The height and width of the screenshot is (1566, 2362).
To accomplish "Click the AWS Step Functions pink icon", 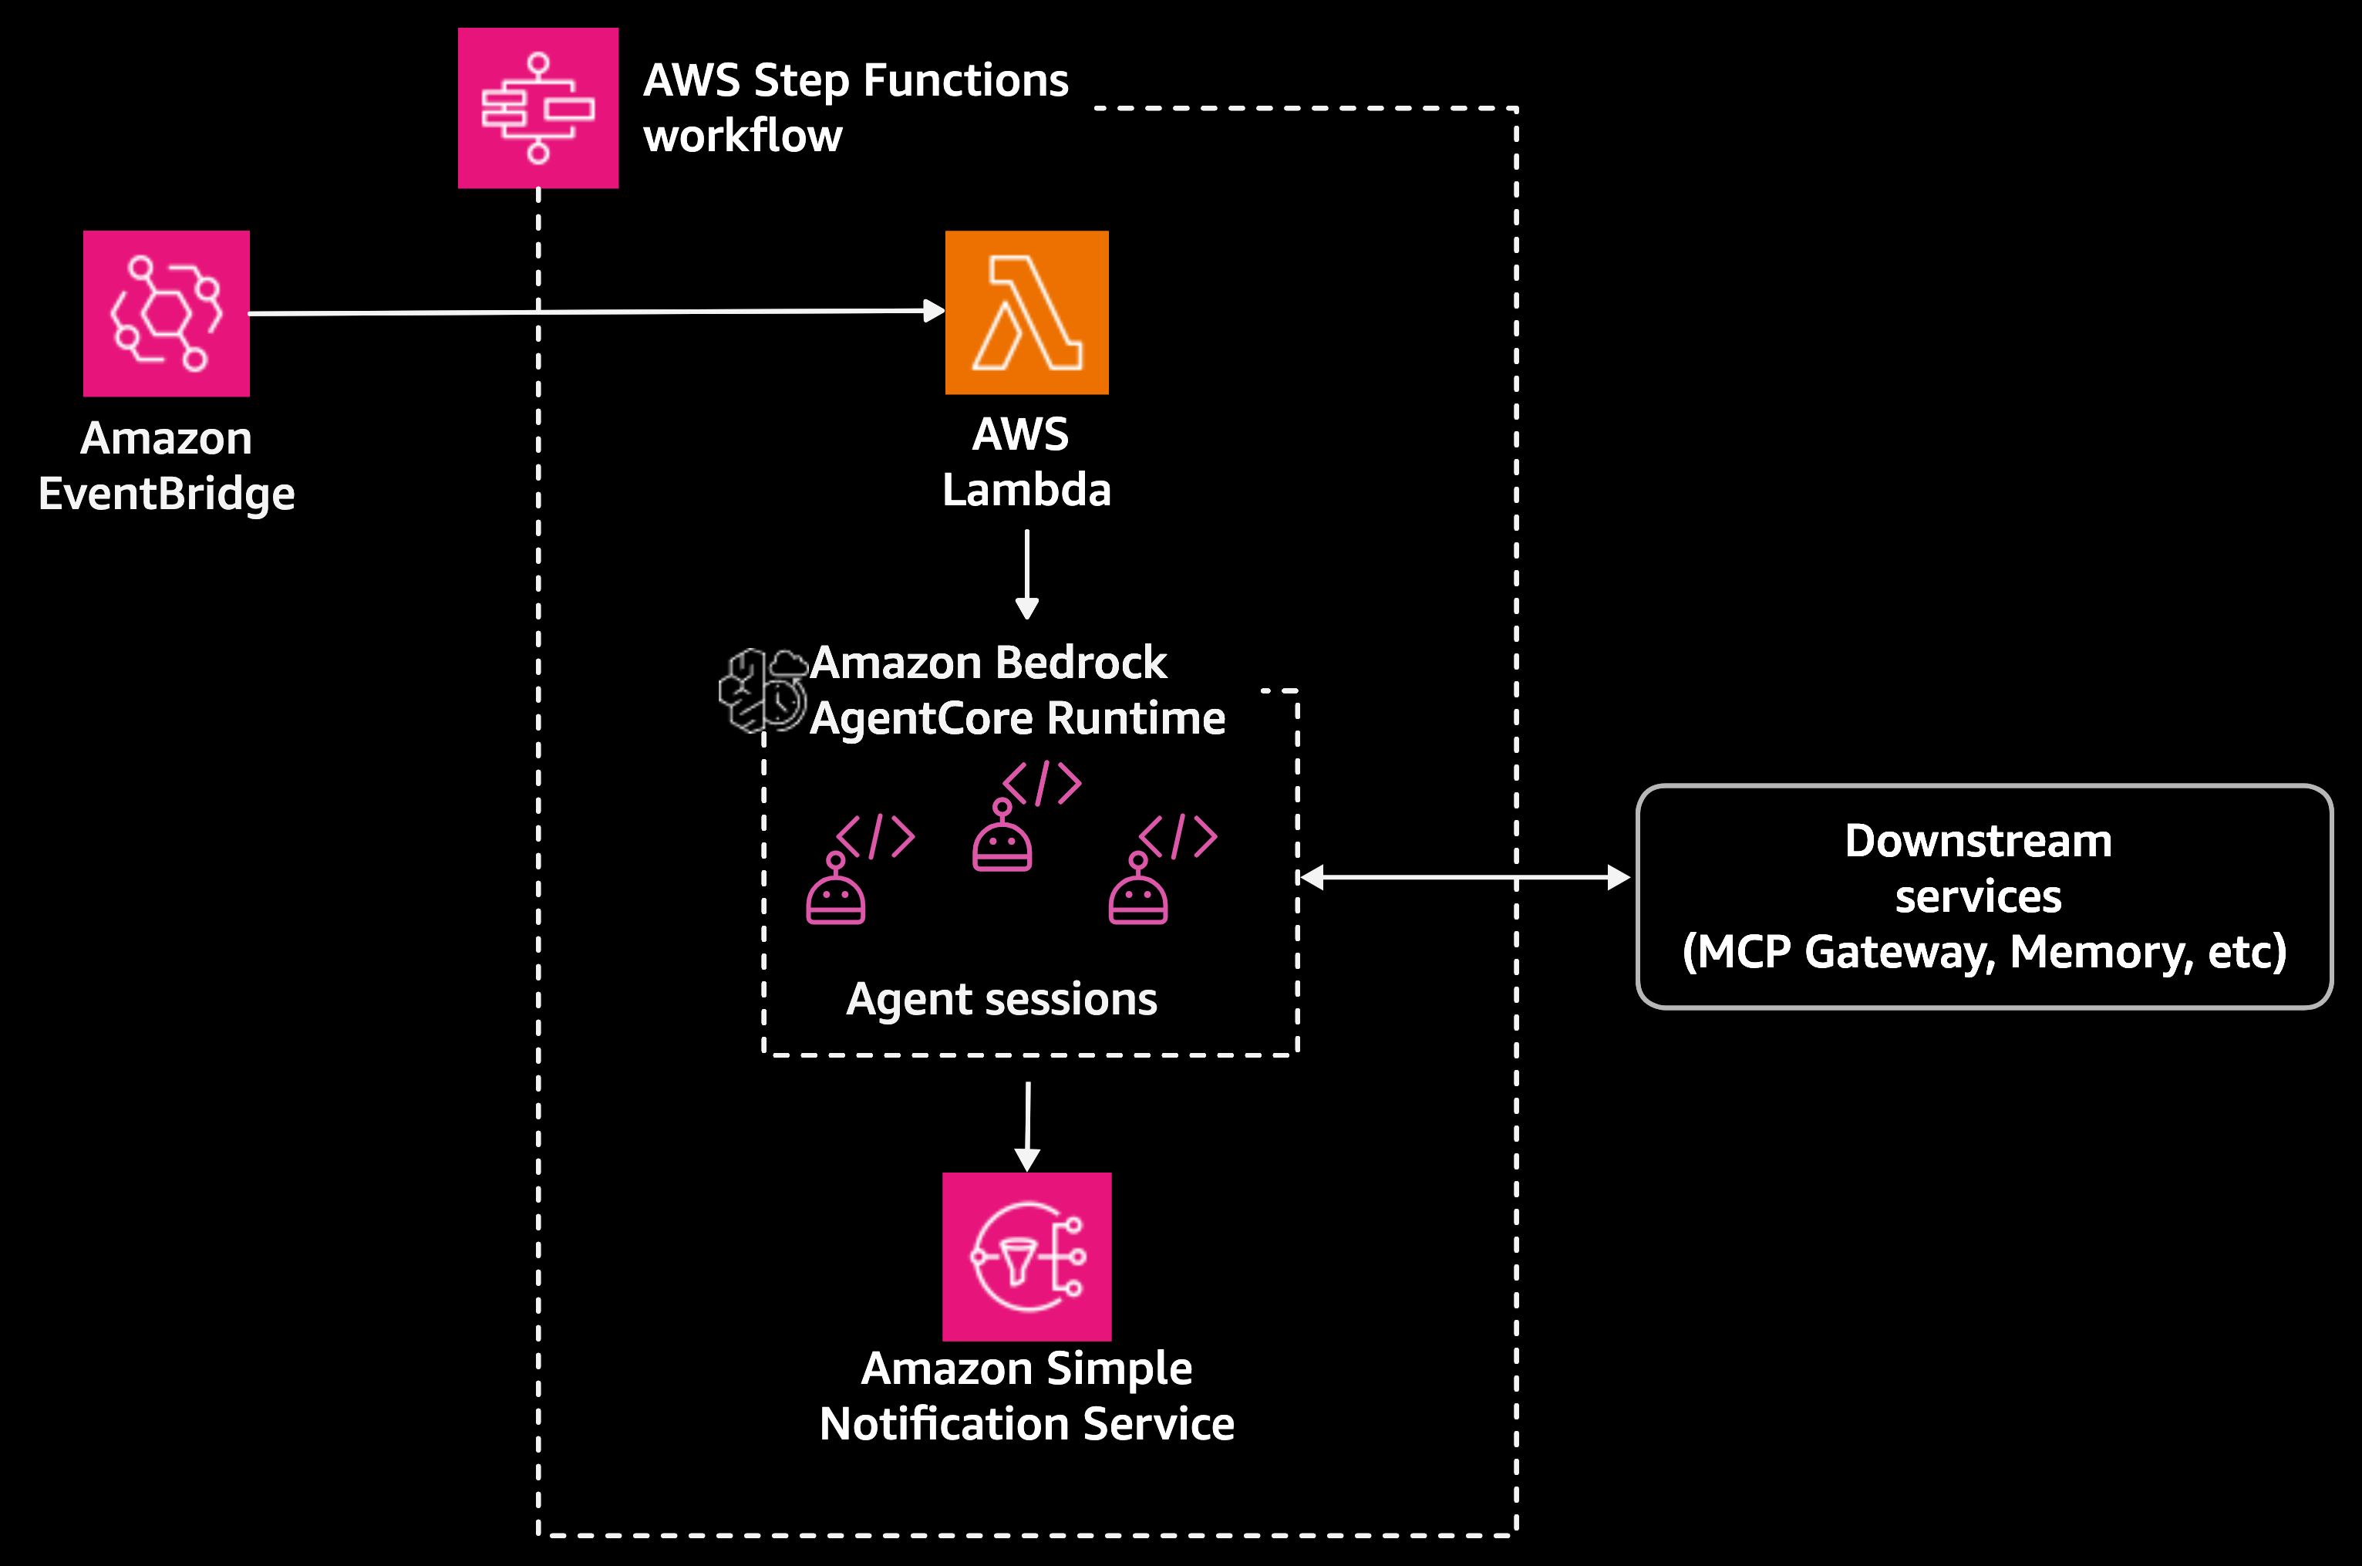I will pos(538,108).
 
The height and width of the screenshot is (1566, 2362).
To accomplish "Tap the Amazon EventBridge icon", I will pos(166,314).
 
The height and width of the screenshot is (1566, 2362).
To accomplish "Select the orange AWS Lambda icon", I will pos(1026,312).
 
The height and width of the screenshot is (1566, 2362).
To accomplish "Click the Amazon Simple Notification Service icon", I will pos(1026,1257).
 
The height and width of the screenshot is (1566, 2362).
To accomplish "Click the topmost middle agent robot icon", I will pos(1002,837).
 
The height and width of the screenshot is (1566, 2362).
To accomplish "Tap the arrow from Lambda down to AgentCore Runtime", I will pos(1026,574).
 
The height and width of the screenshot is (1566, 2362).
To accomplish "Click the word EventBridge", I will pos(166,494).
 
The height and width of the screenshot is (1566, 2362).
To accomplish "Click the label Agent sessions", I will pos(1001,1000).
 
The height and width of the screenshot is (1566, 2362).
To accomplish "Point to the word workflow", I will pos(743,136).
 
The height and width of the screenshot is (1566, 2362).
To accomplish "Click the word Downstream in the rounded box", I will pos(1978,841).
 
